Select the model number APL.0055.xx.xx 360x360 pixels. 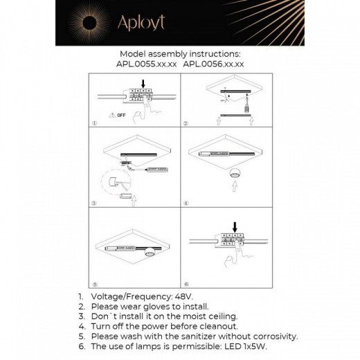(147, 63)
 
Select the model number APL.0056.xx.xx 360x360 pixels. (213, 63)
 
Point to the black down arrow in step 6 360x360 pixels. (235, 226)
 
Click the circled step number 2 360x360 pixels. (186, 123)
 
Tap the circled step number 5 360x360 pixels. (95, 284)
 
